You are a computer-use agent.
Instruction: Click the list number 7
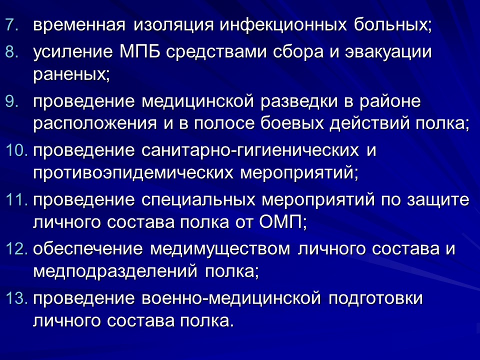[x=11, y=25]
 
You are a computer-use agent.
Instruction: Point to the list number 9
[x=11, y=102]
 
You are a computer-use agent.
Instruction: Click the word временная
[x=79, y=25]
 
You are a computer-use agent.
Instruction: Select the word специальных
[x=201, y=200]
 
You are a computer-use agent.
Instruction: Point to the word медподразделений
[x=115, y=271]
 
